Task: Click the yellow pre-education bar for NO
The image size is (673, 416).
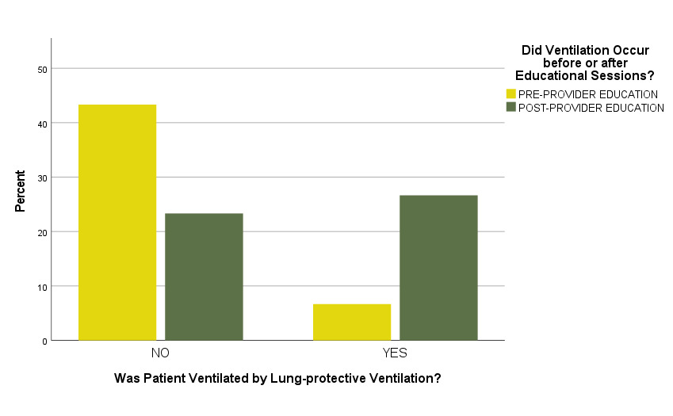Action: tap(117, 222)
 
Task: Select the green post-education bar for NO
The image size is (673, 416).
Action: tap(204, 277)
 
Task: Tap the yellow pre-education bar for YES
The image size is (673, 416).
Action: tap(352, 322)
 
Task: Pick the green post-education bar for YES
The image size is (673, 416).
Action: tap(438, 267)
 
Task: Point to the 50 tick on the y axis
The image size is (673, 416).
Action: tap(43, 69)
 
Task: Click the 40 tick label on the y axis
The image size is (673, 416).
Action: tap(43, 124)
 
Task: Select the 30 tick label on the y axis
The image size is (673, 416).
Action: tap(43, 177)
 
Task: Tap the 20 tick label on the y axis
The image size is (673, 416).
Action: tap(43, 232)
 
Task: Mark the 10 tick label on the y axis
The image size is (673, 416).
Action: tap(43, 286)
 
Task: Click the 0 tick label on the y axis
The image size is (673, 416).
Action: tap(45, 341)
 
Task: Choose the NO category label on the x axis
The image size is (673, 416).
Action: tap(160, 353)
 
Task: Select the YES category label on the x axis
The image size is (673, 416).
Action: tap(395, 353)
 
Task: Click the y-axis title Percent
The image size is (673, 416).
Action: tap(21, 190)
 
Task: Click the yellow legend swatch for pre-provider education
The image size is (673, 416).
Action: tap(511, 94)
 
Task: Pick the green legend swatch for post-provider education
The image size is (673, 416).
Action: tap(511, 107)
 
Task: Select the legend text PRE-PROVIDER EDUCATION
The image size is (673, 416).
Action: tap(588, 94)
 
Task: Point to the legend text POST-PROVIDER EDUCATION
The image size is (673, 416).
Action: tap(591, 108)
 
